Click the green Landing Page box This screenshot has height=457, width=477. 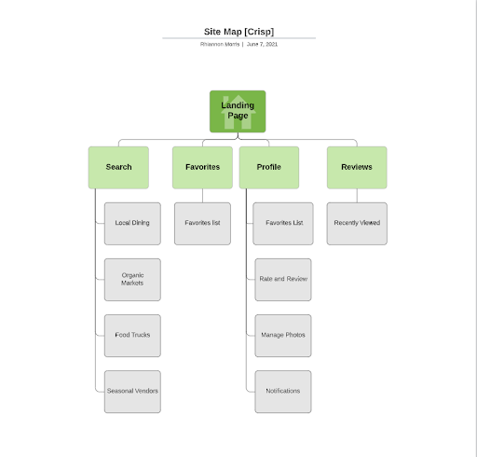pos(238,112)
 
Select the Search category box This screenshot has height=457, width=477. pos(118,167)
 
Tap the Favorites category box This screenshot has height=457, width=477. pos(202,167)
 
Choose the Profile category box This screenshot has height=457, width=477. pos(268,167)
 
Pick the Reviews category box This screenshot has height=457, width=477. pos(357,167)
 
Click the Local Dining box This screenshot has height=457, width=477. pos(132,223)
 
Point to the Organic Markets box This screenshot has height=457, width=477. pos(132,279)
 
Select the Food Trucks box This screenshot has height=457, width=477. pos(132,334)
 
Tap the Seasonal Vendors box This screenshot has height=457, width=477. pos(132,391)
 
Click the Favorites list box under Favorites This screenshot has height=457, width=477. pos(202,223)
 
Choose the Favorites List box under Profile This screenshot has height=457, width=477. pos(283,223)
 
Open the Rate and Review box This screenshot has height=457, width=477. pos(283,279)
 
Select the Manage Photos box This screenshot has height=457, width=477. pos(283,334)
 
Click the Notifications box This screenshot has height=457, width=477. pos(283,391)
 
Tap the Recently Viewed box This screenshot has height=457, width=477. pos(357,223)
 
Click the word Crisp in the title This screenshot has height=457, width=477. pos(259,31)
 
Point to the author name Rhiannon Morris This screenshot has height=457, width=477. pos(220,44)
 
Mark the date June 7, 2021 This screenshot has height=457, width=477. pos(262,44)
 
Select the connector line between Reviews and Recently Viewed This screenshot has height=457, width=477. pos(357,195)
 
